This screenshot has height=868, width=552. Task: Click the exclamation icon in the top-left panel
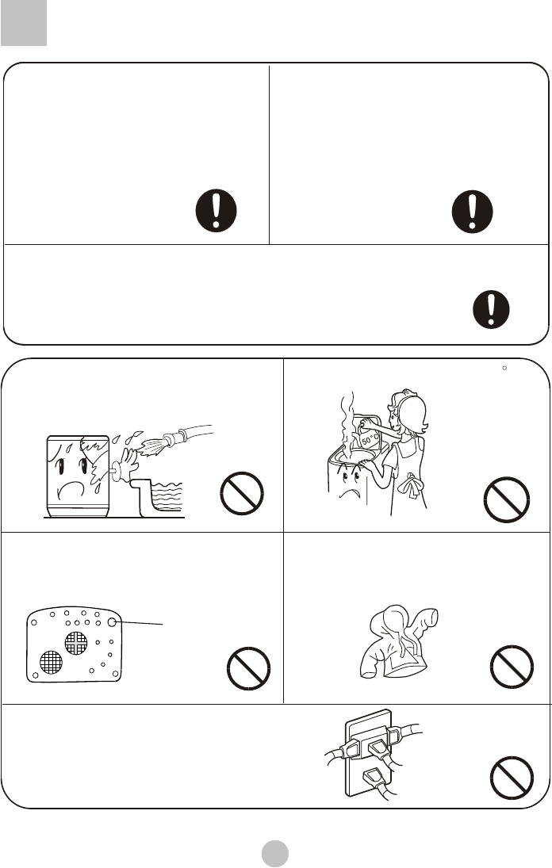[x=216, y=210]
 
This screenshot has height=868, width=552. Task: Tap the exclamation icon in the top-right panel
[x=472, y=212]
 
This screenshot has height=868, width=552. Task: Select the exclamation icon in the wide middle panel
[x=491, y=309]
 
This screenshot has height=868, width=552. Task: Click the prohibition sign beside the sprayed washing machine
[x=242, y=493]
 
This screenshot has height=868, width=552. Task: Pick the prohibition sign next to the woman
[x=507, y=499]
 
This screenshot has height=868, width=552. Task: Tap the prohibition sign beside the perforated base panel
[x=248, y=668]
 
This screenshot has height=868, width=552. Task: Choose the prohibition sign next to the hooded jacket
[x=512, y=667]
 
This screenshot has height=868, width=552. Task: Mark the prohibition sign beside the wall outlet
[x=512, y=778]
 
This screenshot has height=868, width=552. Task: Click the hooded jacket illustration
[x=398, y=642]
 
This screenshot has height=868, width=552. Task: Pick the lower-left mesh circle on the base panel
[x=51, y=662]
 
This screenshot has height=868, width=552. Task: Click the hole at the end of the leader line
[x=112, y=622]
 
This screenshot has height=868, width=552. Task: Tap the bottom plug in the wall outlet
[x=375, y=781]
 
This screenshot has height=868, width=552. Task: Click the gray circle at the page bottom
[x=275, y=853]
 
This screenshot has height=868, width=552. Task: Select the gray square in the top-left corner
[x=24, y=23]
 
